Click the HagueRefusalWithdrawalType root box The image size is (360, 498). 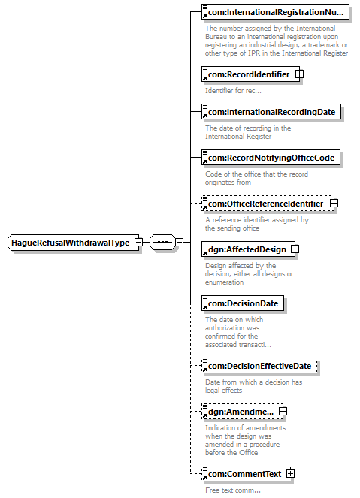(73, 243)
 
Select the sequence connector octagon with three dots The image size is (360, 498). (162, 243)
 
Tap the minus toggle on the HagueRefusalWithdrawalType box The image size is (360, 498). (138, 243)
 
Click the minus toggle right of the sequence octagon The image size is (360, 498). (180, 243)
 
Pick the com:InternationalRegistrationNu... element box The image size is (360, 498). (275, 12)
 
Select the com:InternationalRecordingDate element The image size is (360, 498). (271, 112)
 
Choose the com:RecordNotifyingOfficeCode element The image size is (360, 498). (271, 158)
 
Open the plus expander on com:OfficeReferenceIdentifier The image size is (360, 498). (334, 204)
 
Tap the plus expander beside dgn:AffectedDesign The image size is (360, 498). (295, 249)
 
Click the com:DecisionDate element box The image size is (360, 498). (243, 303)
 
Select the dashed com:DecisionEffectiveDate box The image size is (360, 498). (259, 366)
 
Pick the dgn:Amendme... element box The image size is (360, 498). (242, 412)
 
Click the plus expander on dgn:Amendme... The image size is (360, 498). (283, 412)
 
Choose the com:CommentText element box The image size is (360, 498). (246, 474)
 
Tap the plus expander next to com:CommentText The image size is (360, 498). (290, 473)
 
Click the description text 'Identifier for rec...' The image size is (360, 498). (233, 91)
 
